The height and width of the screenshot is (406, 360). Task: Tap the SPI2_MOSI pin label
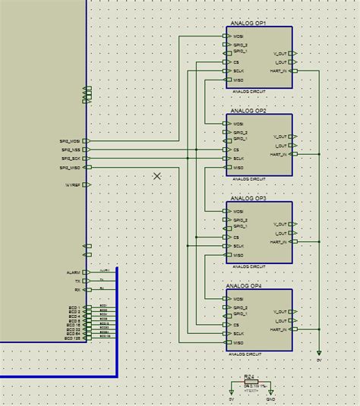click(x=71, y=140)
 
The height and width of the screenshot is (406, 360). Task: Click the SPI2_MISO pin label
click(x=71, y=167)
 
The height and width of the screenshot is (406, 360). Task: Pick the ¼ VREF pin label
click(x=73, y=184)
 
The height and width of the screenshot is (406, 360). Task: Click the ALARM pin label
click(x=73, y=272)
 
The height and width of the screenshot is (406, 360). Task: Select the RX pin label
click(x=77, y=290)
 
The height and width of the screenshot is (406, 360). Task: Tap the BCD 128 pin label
click(x=72, y=338)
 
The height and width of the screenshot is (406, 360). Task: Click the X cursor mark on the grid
click(x=157, y=176)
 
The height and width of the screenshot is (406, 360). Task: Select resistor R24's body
click(x=251, y=382)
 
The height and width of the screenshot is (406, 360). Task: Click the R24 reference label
click(x=248, y=376)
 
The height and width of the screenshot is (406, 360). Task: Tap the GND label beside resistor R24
click(x=270, y=400)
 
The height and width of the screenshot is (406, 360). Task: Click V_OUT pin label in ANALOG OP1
click(x=280, y=54)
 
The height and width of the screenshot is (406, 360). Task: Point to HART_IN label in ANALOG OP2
click(x=278, y=154)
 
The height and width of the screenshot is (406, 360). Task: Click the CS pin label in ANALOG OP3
click(x=236, y=238)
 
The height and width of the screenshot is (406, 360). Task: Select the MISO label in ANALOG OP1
click(x=238, y=80)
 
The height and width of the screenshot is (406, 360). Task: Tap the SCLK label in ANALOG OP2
click(x=238, y=159)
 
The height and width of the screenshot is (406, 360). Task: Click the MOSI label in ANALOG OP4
click(x=238, y=299)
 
